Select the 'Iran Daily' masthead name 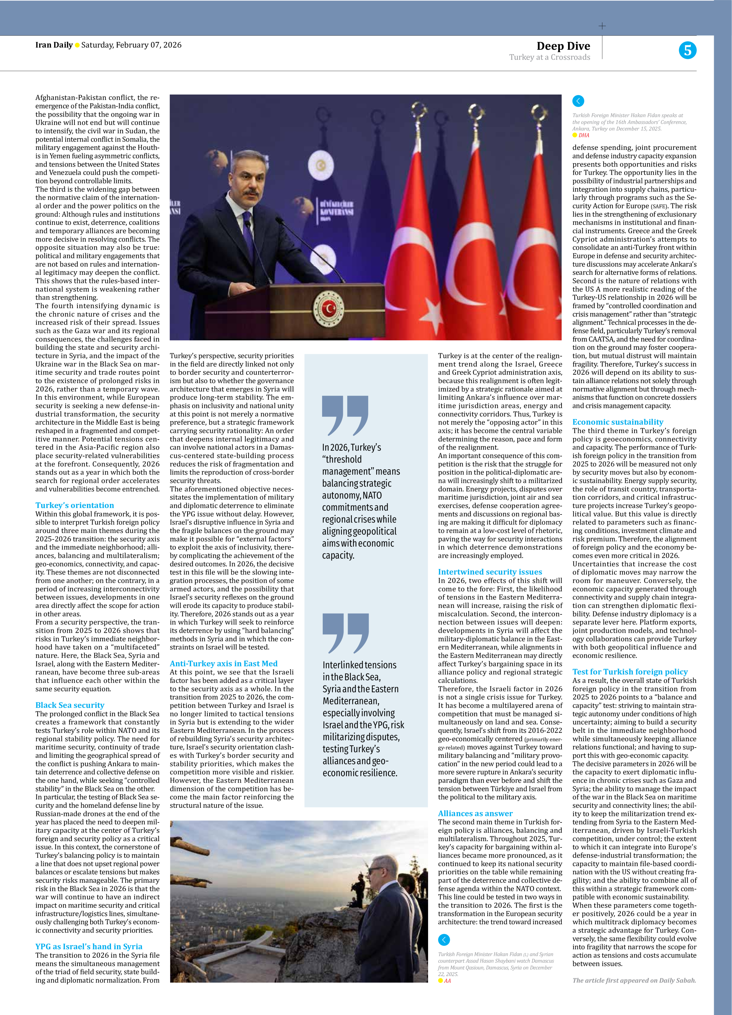click(x=54, y=45)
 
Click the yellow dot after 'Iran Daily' click(x=77, y=45)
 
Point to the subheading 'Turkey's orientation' click(x=74, y=505)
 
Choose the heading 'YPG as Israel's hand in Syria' click(x=89, y=946)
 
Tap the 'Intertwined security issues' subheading click(x=490, y=572)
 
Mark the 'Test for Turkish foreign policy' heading click(x=630, y=671)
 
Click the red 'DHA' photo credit click(x=583, y=135)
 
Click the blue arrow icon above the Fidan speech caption click(x=578, y=101)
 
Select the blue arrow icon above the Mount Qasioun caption click(x=444, y=939)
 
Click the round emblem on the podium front click(x=329, y=308)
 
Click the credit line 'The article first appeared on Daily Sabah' click(x=634, y=980)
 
